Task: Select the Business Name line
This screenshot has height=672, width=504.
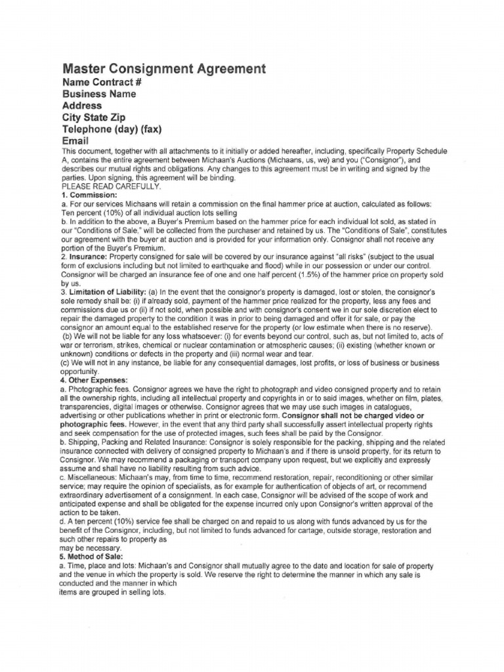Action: (99, 94)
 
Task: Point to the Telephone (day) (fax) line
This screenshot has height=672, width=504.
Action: (112, 129)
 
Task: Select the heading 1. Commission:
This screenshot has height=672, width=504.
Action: (89, 194)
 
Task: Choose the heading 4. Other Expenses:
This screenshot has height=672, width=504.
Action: (94, 379)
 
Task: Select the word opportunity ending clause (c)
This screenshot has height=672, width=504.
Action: (79, 371)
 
